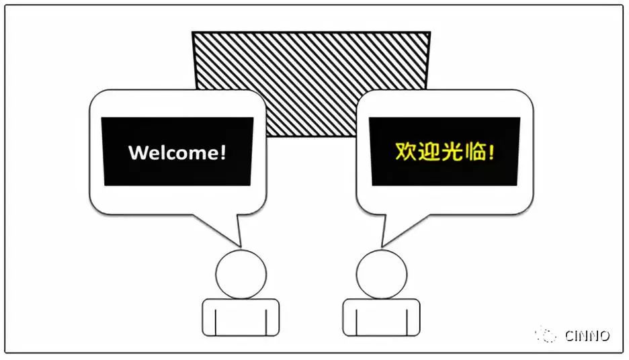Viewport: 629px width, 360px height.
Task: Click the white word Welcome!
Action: pos(177,152)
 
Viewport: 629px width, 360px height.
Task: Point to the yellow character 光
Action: pos(452,152)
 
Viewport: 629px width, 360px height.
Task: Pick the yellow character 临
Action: pos(476,152)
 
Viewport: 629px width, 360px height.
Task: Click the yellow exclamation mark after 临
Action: pos(491,152)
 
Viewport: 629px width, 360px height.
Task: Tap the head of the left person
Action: pos(241,274)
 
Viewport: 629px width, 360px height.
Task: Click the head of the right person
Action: pos(382,274)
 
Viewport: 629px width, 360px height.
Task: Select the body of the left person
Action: pos(241,317)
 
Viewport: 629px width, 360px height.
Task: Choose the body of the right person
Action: pos(382,317)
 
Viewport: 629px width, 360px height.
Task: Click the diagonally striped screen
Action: pos(311,60)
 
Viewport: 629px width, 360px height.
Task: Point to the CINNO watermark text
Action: pos(587,336)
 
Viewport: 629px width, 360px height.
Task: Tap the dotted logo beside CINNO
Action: pos(546,334)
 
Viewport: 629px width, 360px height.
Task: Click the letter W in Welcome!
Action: pos(137,152)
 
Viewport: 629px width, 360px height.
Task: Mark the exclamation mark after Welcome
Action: pos(223,152)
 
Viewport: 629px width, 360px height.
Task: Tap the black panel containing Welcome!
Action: pos(177,151)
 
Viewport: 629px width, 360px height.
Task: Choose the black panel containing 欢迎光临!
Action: pos(444,151)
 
